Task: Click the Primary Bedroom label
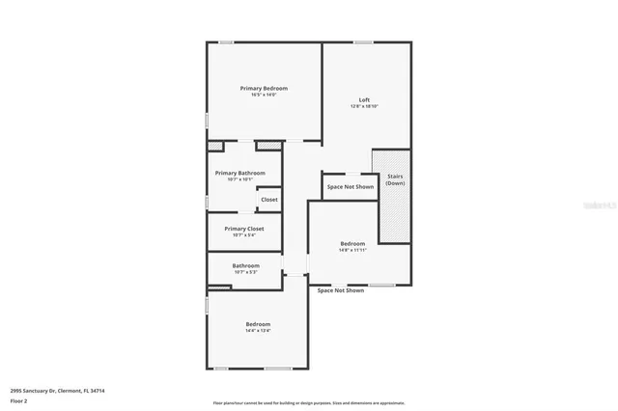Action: pos(264,88)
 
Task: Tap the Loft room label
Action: pos(364,99)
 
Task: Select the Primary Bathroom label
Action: pos(239,173)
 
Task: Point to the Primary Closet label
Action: pos(243,229)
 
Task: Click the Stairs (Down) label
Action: pos(395,179)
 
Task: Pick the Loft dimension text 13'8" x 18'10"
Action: pos(364,106)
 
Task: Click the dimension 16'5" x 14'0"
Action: pos(264,95)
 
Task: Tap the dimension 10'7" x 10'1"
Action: pos(239,178)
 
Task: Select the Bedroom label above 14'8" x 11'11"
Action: pos(352,243)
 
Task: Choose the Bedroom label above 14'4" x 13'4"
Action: pos(258,324)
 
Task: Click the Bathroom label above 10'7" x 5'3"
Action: pos(245,265)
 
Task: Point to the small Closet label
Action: pos(268,200)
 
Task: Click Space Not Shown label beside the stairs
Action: pos(350,186)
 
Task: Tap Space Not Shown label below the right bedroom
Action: pos(341,290)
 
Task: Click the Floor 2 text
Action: pos(18,399)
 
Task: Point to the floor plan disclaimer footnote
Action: pos(308,403)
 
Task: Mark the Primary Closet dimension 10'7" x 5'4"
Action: pos(243,234)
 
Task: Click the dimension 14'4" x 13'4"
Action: pos(258,331)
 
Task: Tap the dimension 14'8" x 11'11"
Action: pos(352,250)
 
